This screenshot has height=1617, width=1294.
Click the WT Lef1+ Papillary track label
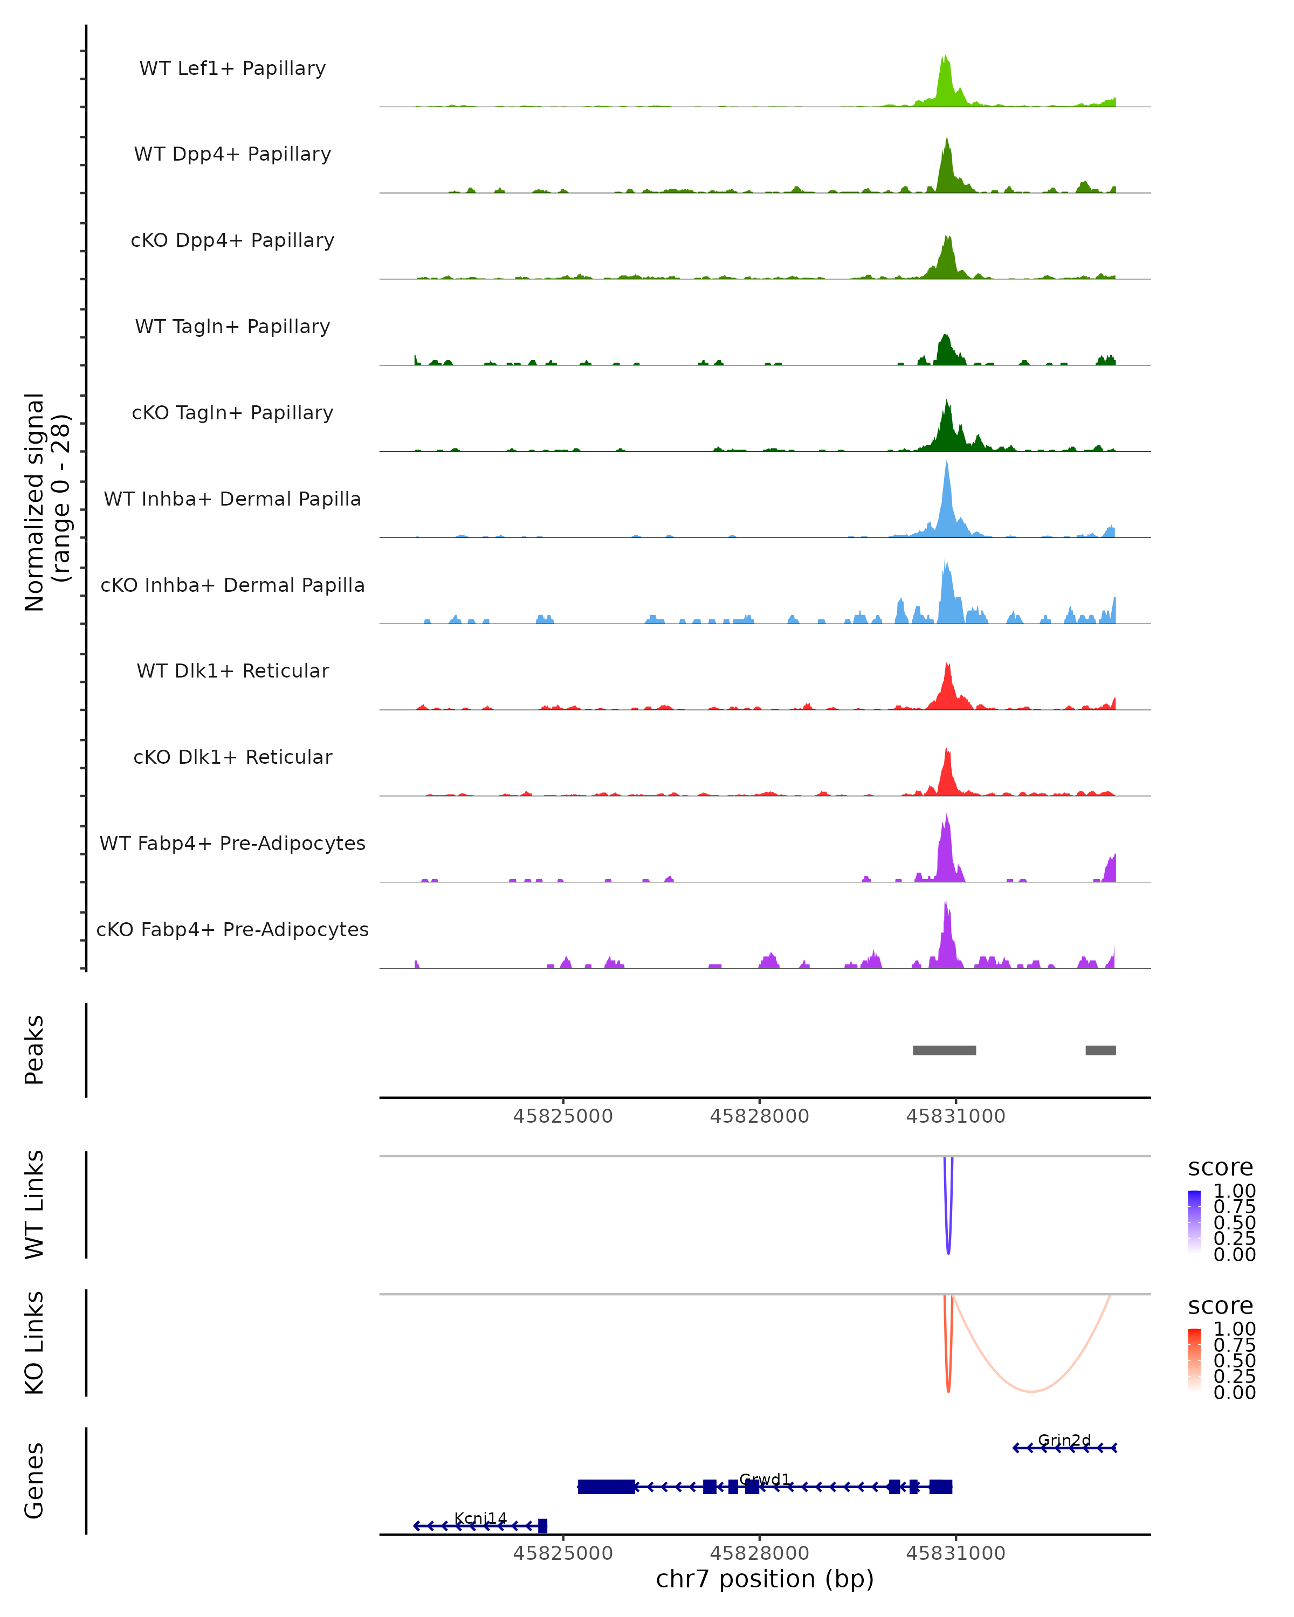point(232,68)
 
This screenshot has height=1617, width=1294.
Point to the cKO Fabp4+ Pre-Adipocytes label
point(232,929)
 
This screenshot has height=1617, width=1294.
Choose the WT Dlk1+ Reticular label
point(232,671)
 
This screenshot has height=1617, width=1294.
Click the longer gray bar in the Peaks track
point(944,1050)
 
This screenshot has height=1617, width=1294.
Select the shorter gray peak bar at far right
point(1100,1050)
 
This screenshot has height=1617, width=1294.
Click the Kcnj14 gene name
point(480,1518)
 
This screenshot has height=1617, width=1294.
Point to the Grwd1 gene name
point(765,1479)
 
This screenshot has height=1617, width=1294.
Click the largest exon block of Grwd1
point(606,1487)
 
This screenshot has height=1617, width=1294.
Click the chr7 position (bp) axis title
point(765,1579)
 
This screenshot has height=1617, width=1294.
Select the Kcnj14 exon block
point(542,1525)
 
